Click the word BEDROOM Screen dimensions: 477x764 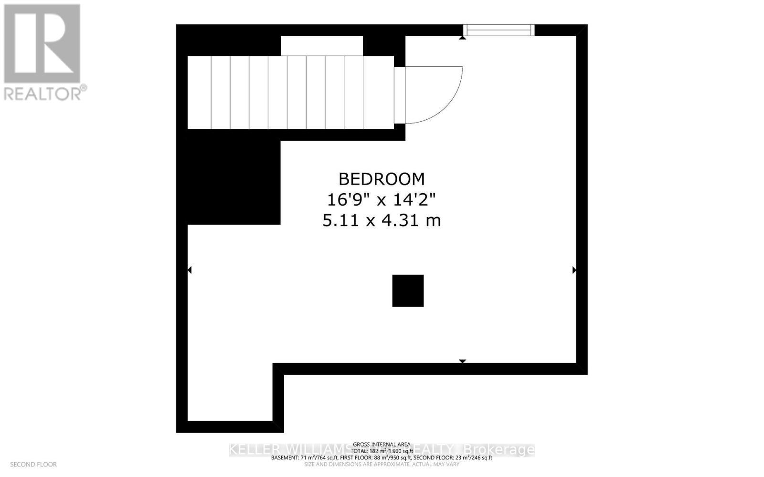point(382,179)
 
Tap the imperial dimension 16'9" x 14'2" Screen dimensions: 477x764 point(382,199)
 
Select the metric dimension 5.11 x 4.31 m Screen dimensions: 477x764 point(382,220)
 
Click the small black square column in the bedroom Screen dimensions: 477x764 point(408,290)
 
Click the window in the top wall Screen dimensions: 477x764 point(499,30)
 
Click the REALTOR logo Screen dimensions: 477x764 point(42,43)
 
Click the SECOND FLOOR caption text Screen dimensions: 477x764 point(33,464)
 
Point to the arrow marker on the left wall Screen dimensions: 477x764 point(190,270)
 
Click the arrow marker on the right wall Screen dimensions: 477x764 point(574,270)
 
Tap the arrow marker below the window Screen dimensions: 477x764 point(462,37)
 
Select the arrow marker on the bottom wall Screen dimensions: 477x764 point(462,361)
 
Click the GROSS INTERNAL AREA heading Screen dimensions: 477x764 point(382,444)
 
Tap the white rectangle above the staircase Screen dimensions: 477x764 point(321,46)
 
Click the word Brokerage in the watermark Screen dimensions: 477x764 point(499,449)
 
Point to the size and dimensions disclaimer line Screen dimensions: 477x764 point(382,464)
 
